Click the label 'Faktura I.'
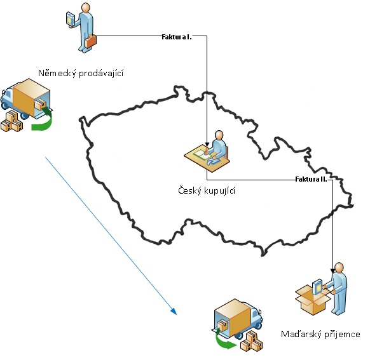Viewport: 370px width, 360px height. [177, 37]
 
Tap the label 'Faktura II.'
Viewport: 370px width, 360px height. [311, 179]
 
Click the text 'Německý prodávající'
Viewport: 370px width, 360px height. [81, 73]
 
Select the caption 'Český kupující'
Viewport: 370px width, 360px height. [207, 190]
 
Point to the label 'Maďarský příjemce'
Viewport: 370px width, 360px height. [320, 334]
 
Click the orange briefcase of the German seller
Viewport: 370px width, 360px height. [91, 41]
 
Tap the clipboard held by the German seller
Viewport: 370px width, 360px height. [71, 18]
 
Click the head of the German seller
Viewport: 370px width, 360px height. [85, 8]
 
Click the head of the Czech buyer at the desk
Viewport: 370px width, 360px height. [219, 135]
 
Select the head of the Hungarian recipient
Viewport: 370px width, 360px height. [339, 268]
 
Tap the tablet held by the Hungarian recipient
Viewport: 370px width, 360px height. [317, 286]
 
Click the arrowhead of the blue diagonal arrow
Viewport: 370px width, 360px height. [174, 312]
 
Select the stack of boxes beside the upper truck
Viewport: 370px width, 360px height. [12, 121]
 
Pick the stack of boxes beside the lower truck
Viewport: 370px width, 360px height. [252, 341]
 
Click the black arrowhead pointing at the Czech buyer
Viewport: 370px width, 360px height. [207, 145]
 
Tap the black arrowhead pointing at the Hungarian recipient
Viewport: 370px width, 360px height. [332, 271]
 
